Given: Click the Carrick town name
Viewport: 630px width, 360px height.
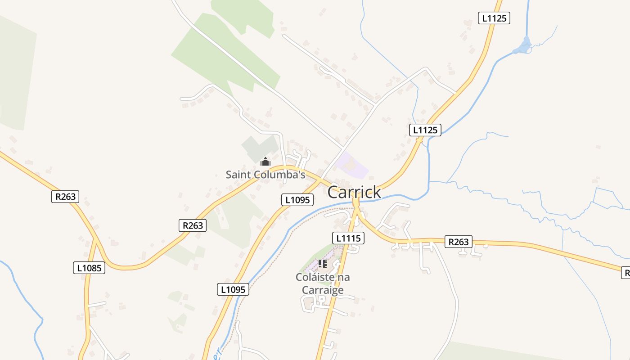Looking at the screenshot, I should [354, 192].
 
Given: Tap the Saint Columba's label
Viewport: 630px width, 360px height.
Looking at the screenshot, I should [265, 175].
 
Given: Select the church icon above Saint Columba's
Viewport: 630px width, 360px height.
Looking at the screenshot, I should [265, 162].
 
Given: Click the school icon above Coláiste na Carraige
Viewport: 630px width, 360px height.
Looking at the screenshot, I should [323, 264].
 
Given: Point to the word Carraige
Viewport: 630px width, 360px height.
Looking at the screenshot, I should [323, 290].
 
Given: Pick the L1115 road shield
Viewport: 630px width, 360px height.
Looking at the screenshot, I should [348, 238].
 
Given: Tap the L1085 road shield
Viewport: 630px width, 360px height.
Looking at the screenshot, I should [89, 268].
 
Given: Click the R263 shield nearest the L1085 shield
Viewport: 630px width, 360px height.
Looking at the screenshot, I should [66, 197].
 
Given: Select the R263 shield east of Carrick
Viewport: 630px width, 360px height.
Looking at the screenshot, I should [458, 242].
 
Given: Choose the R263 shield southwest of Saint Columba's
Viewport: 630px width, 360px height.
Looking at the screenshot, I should [193, 225].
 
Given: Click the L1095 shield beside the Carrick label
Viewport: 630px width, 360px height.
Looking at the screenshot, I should [297, 200].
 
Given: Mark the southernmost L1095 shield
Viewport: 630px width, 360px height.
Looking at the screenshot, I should [233, 289].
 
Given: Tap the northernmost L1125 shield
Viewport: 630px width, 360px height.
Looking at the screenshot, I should [494, 18].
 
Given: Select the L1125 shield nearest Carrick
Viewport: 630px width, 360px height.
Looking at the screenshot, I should [425, 130].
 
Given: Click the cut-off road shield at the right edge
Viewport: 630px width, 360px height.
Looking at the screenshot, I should [625, 272].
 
